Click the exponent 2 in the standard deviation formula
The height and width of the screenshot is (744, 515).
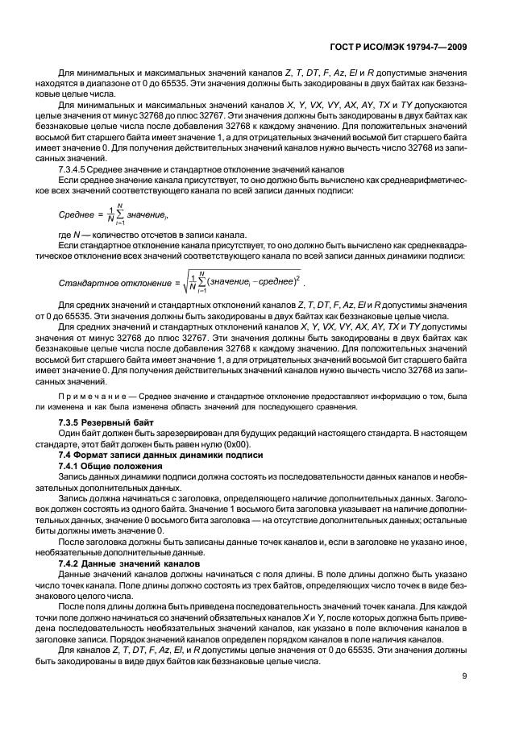click(x=297, y=276)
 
